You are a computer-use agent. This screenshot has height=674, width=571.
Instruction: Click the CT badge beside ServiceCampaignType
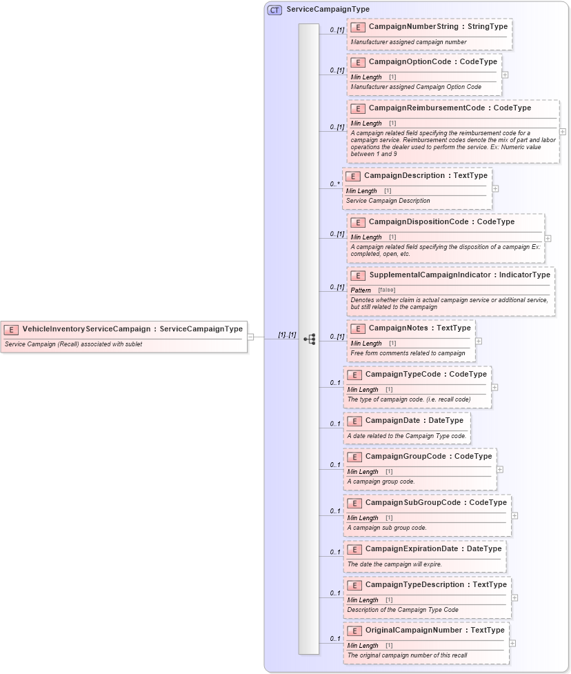tap(274, 10)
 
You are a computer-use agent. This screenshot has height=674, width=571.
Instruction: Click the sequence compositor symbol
tap(310, 339)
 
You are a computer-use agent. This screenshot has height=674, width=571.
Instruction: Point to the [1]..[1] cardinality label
tap(287, 335)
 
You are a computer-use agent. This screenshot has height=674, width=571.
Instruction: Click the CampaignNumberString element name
tap(416, 26)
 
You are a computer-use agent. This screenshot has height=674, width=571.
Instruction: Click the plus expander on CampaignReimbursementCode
tap(563, 131)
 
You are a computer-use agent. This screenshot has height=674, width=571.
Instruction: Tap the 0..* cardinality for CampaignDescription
tap(335, 184)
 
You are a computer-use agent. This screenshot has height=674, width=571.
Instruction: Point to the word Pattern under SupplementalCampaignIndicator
tap(361, 290)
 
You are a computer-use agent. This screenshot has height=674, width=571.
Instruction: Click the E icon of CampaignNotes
tap(357, 328)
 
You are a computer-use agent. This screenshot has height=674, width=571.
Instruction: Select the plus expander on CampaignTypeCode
tap(494, 387)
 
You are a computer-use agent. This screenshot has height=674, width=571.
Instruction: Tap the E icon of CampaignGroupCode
tap(354, 457)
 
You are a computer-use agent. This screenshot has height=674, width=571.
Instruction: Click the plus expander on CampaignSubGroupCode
tap(514, 515)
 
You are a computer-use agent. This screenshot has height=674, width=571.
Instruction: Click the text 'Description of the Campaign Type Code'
tap(403, 610)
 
